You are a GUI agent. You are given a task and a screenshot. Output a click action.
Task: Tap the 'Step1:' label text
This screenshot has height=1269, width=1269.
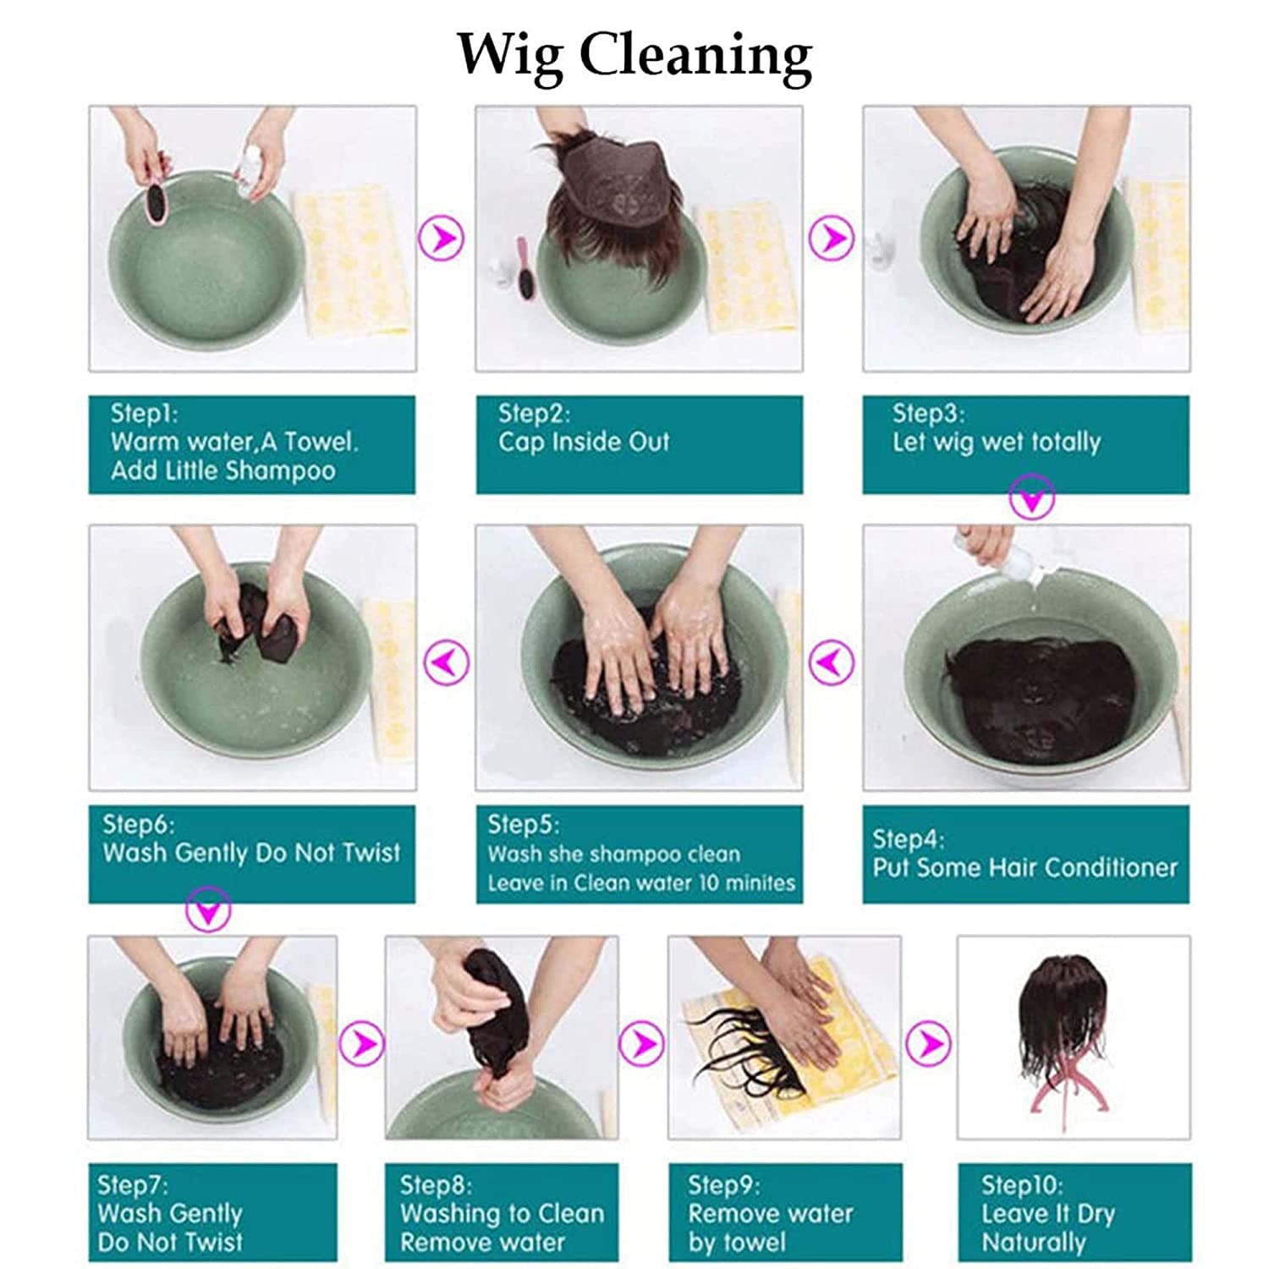[145, 414]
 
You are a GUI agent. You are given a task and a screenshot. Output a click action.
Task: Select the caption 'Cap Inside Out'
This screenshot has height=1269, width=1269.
[584, 442]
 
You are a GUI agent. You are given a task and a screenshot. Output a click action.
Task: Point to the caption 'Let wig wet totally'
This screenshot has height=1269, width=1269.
[997, 442]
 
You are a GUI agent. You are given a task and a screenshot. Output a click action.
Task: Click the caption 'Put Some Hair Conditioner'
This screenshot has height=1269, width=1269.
[1025, 867]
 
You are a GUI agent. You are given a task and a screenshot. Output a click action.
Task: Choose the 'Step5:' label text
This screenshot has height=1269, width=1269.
[523, 824]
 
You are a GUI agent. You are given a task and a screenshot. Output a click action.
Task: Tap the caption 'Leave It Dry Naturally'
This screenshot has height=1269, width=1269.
[1048, 1228]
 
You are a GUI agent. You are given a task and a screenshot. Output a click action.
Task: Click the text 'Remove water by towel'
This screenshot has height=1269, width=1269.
[771, 1228]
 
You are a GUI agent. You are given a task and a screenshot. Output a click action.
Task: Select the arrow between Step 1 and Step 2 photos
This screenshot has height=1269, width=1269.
[442, 238]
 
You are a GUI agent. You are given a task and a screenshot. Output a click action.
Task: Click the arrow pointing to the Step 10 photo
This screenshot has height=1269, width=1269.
[928, 1043]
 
